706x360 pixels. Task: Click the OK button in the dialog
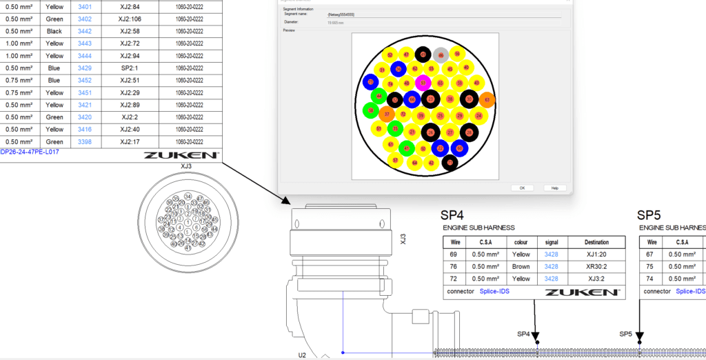tap(522, 188)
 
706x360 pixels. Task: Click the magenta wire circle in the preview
tap(423, 83)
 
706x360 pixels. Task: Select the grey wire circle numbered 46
tap(441, 54)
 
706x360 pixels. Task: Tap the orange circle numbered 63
tap(487, 100)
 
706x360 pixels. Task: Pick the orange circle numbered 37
tap(387, 114)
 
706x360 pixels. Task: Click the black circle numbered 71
tap(450, 163)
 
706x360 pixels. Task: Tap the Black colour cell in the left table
tap(54, 31)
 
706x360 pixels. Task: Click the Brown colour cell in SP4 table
tap(521, 266)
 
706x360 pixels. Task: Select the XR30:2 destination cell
tap(596, 266)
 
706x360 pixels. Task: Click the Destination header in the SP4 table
tap(596, 242)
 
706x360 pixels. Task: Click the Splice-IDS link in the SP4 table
tap(498, 292)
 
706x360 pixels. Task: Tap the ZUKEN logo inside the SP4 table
tap(582, 292)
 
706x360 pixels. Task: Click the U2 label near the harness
tap(302, 355)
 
